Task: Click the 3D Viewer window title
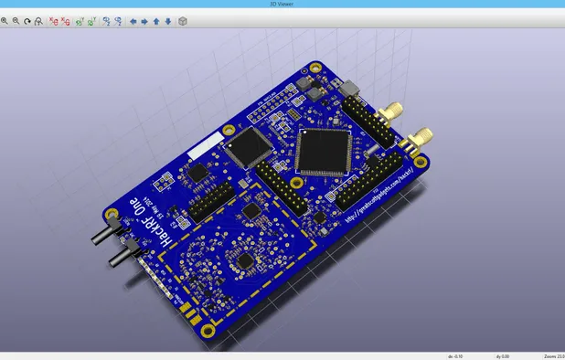click(282, 4)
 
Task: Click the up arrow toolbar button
click(155, 21)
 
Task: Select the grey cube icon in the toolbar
click(182, 21)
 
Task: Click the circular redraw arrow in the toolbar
click(27, 21)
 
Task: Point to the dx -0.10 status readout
click(454, 355)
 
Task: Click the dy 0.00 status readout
click(502, 355)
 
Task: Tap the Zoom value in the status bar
click(552, 355)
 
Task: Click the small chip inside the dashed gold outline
click(245, 262)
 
